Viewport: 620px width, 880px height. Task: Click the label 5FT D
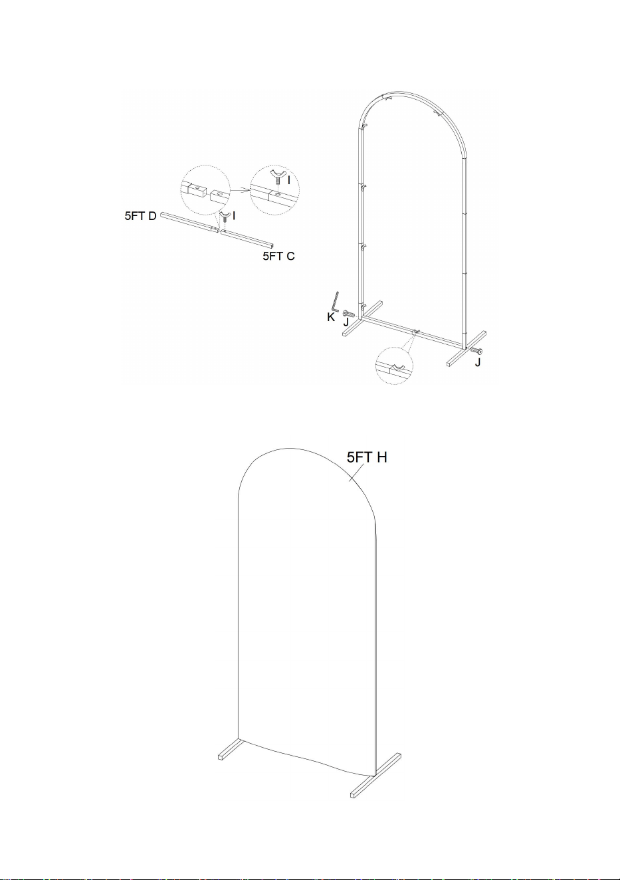tap(140, 216)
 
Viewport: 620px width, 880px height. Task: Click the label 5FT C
tap(278, 256)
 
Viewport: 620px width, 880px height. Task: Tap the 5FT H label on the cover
tap(367, 457)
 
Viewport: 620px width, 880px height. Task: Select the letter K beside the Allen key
tap(331, 317)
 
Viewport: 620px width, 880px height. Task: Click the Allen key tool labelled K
tap(336, 300)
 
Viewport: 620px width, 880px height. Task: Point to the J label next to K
tap(346, 322)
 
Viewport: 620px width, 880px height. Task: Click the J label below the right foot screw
tap(477, 362)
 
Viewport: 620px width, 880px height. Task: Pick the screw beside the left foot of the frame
tap(349, 314)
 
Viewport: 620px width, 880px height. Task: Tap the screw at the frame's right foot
tap(476, 351)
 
